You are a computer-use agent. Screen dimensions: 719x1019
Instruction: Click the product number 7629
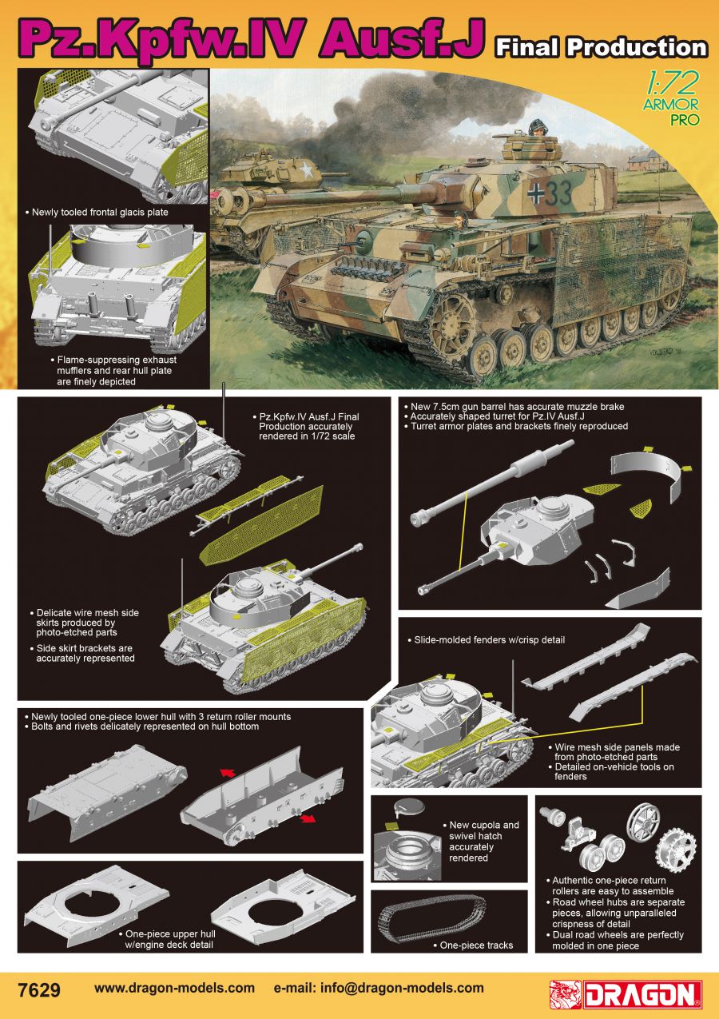pos(38,990)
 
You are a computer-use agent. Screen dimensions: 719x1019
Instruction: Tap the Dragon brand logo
pos(626,994)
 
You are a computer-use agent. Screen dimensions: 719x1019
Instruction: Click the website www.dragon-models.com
pos(174,988)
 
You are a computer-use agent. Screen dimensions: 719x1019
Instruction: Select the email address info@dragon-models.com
pos(402,988)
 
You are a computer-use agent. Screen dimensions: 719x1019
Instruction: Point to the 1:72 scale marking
pos(671,83)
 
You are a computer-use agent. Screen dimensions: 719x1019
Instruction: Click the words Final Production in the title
pos(602,47)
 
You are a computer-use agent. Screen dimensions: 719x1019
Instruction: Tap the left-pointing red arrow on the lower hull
pos(228,773)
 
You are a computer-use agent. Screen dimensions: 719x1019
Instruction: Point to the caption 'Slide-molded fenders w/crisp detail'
pos(490,640)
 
